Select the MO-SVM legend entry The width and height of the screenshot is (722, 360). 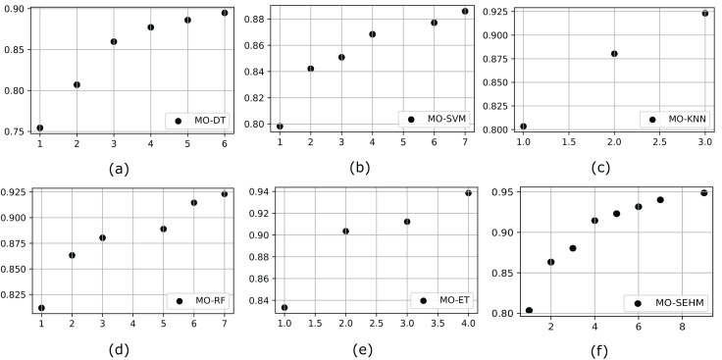point(435,119)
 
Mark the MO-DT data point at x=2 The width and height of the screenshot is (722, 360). point(77,84)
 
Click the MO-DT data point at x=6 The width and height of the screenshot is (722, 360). point(225,13)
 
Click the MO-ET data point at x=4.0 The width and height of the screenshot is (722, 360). point(468,193)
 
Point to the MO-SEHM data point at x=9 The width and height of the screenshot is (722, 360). point(703,192)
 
